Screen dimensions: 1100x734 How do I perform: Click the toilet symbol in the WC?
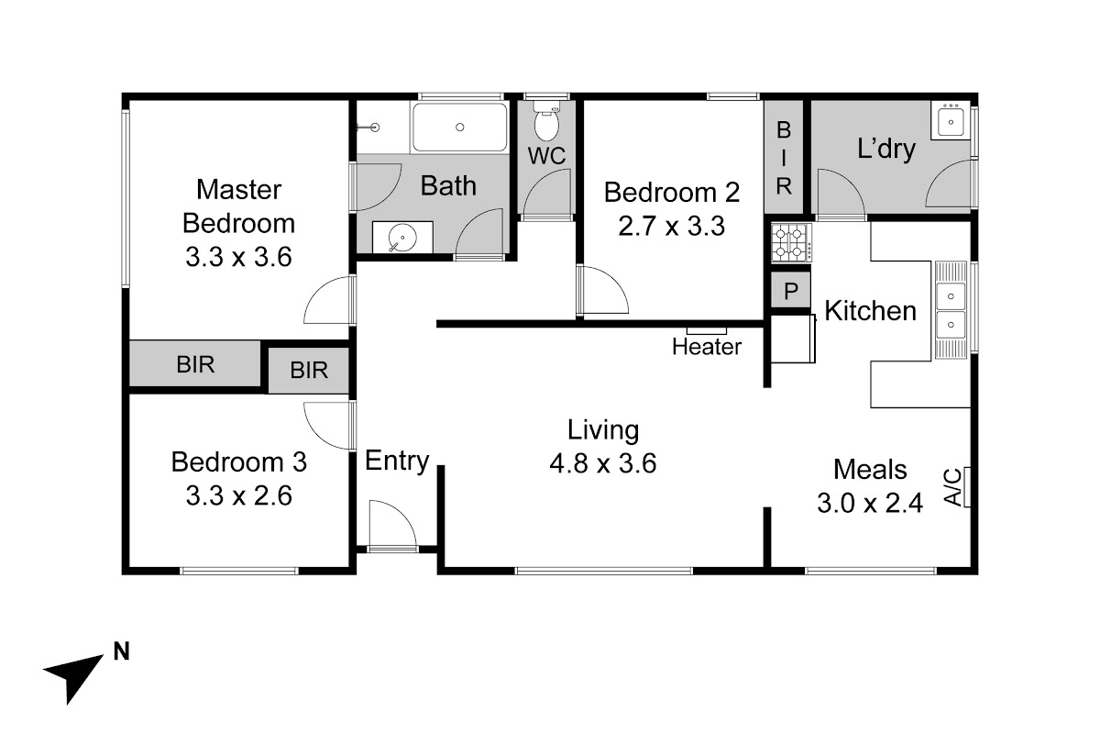click(546, 121)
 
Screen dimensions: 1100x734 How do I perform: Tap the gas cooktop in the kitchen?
click(790, 242)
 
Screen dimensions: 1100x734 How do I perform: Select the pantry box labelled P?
click(790, 291)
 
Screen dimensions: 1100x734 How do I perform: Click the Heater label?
click(706, 347)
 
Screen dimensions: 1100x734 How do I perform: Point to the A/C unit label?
click(953, 486)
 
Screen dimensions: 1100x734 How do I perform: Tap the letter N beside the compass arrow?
click(121, 651)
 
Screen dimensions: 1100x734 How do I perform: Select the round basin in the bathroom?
click(402, 238)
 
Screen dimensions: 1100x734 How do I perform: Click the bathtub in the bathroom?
click(459, 128)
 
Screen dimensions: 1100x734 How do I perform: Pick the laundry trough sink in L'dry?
click(951, 121)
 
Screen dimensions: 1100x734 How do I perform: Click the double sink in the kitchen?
click(951, 310)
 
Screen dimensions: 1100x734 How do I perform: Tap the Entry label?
click(397, 462)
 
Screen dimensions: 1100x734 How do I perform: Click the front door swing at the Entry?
click(393, 523)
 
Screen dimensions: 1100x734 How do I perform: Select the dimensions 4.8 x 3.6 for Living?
click(602, 463)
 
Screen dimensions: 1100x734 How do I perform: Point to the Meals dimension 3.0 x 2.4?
click(870, 503)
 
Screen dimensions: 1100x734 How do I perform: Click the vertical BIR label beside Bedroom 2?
click(784, 159)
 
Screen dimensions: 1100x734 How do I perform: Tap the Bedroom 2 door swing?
click(603, 290)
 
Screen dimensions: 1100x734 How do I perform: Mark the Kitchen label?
click(870, 311)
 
